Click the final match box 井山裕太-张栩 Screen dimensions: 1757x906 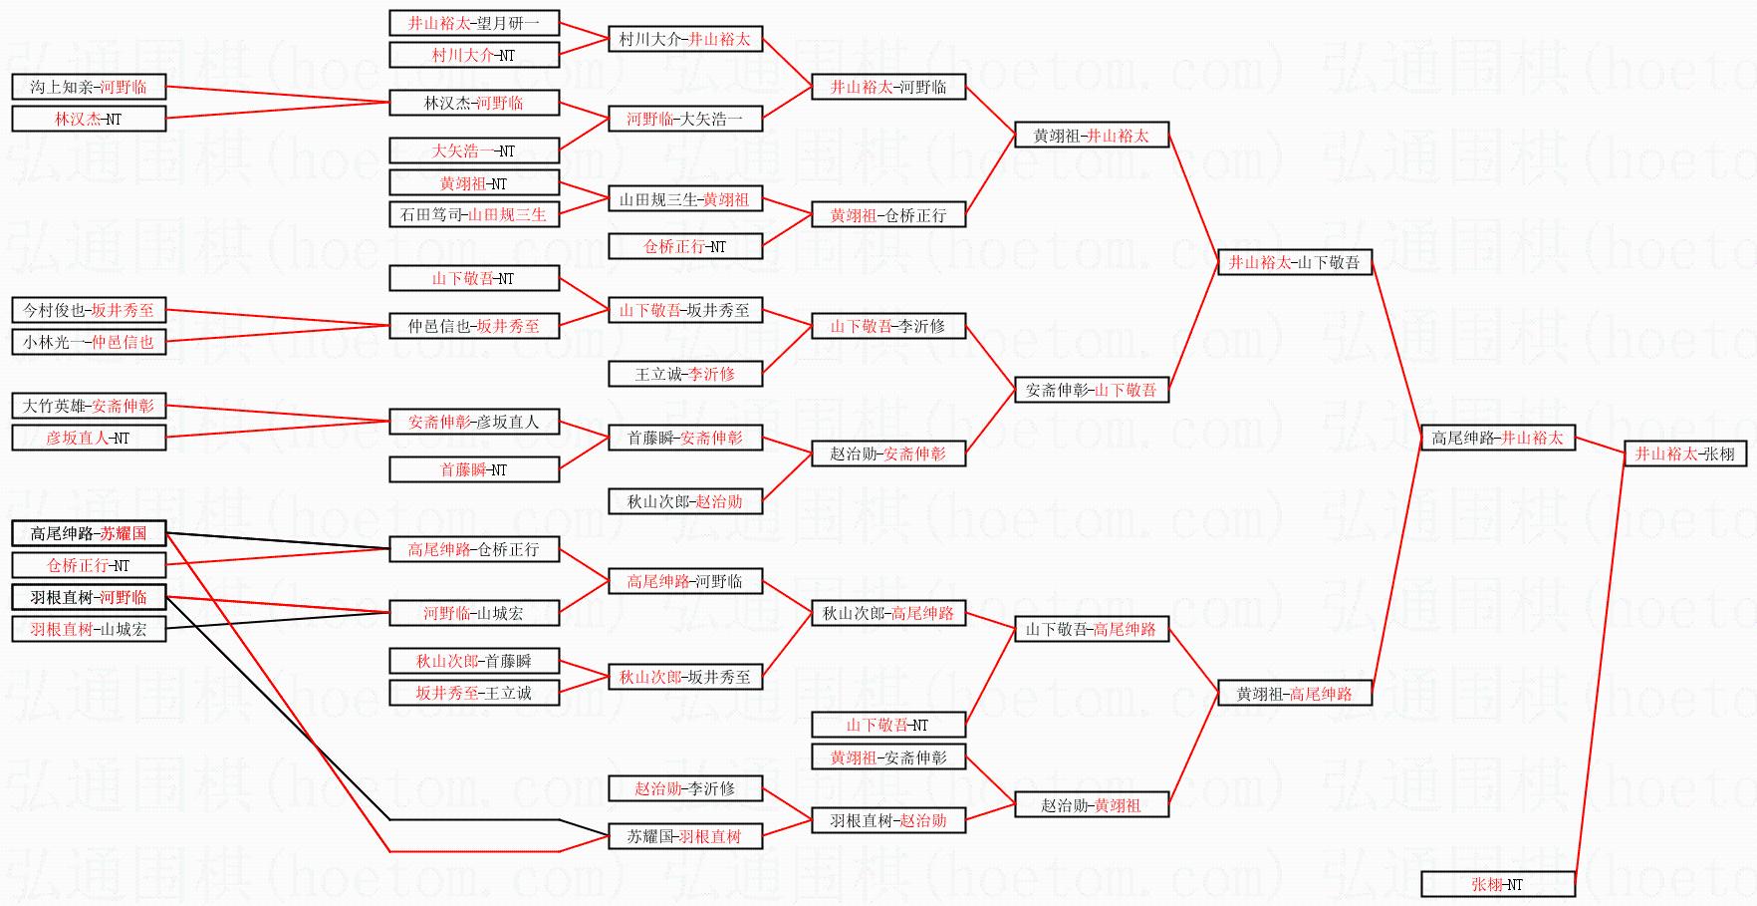1685,453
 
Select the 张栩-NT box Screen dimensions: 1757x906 1497,884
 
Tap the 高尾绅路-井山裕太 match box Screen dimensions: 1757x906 1497,438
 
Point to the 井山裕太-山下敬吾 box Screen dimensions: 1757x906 1294,262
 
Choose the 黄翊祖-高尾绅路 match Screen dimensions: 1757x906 1294,693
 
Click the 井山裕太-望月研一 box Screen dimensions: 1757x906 473,23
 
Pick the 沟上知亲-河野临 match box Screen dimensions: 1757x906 88,87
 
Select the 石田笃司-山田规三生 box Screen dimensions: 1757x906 473,214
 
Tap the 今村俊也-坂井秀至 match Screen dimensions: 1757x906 88,310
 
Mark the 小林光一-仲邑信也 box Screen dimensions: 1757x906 88,342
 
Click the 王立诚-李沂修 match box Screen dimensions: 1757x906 685,374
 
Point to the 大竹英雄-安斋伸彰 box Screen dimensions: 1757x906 88,406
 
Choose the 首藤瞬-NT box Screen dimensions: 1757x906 473,469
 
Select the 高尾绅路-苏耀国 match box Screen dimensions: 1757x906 88,533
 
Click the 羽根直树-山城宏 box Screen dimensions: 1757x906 88,629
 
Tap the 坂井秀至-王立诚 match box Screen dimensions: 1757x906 473,693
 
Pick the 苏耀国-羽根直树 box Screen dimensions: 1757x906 685,836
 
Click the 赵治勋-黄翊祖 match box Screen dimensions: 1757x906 1091,804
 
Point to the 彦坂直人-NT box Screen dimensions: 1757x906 88,438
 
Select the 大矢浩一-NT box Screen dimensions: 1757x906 473,151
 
